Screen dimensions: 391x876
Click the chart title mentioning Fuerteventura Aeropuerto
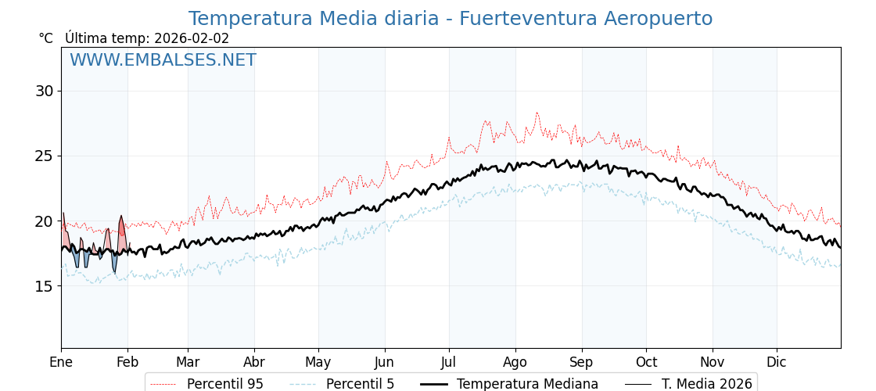click(x=450, y=19)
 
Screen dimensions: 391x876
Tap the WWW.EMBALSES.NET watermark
click(x=163, y=60)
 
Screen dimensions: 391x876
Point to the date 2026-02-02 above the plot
click(x=192, y=38)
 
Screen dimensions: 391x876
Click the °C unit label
click(x=46, y=38)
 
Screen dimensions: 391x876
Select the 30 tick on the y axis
click(x=44, y=91)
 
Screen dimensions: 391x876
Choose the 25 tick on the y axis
click(x=44, y=156)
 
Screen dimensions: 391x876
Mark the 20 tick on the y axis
click(x=44, y=221)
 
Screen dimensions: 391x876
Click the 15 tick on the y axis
click(x=44, y=286)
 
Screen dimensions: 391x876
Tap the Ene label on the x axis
click(x=61, y=362)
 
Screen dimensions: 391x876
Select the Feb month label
click(x=127, y=362)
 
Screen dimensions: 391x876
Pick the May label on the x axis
click(x=318, y=362)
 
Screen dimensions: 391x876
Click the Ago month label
click(x=515, y=362)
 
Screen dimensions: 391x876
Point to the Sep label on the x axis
click(x=582, y=362)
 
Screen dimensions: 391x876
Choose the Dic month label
click(x=777, y=362)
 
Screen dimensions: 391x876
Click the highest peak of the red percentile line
click(x=537, y=113)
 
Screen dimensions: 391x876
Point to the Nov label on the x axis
click(x=713, y=362)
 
